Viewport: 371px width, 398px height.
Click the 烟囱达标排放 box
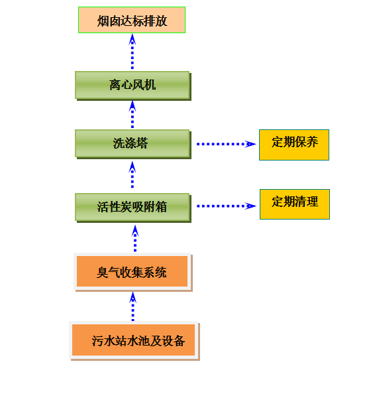coord(132,20)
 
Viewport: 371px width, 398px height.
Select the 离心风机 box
coord(133,86)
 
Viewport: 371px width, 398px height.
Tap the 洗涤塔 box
coord(133,144)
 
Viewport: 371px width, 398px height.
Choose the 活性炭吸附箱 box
coord(133,208)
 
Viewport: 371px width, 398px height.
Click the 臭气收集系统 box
coord(132,272)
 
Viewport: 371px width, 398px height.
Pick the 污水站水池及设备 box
coord(134,340)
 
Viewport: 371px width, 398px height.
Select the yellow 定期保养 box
coord(294,145)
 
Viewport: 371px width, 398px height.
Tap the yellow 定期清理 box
coord(295,204)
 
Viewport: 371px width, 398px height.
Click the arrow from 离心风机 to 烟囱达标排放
coord(132,52)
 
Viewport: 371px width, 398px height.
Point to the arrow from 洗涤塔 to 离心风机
coord(132,114)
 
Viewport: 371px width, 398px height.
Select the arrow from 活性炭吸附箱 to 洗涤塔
coord(132,174)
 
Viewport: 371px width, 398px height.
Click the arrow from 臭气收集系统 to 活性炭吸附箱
coord(135,238)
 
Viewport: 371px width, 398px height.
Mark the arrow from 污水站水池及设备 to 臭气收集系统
coord(132,306)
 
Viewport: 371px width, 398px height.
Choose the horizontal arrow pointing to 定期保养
coord(226,144)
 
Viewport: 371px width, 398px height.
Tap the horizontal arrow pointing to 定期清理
coord(226,206)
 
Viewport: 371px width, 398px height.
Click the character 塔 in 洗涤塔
coord(142,143)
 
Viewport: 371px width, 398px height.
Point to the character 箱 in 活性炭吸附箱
coord(161,207)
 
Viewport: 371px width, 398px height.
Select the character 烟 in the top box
coord(103,21)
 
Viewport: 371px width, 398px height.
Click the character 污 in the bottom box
coord(97,341)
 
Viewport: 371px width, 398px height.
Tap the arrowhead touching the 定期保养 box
coord(250,144)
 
